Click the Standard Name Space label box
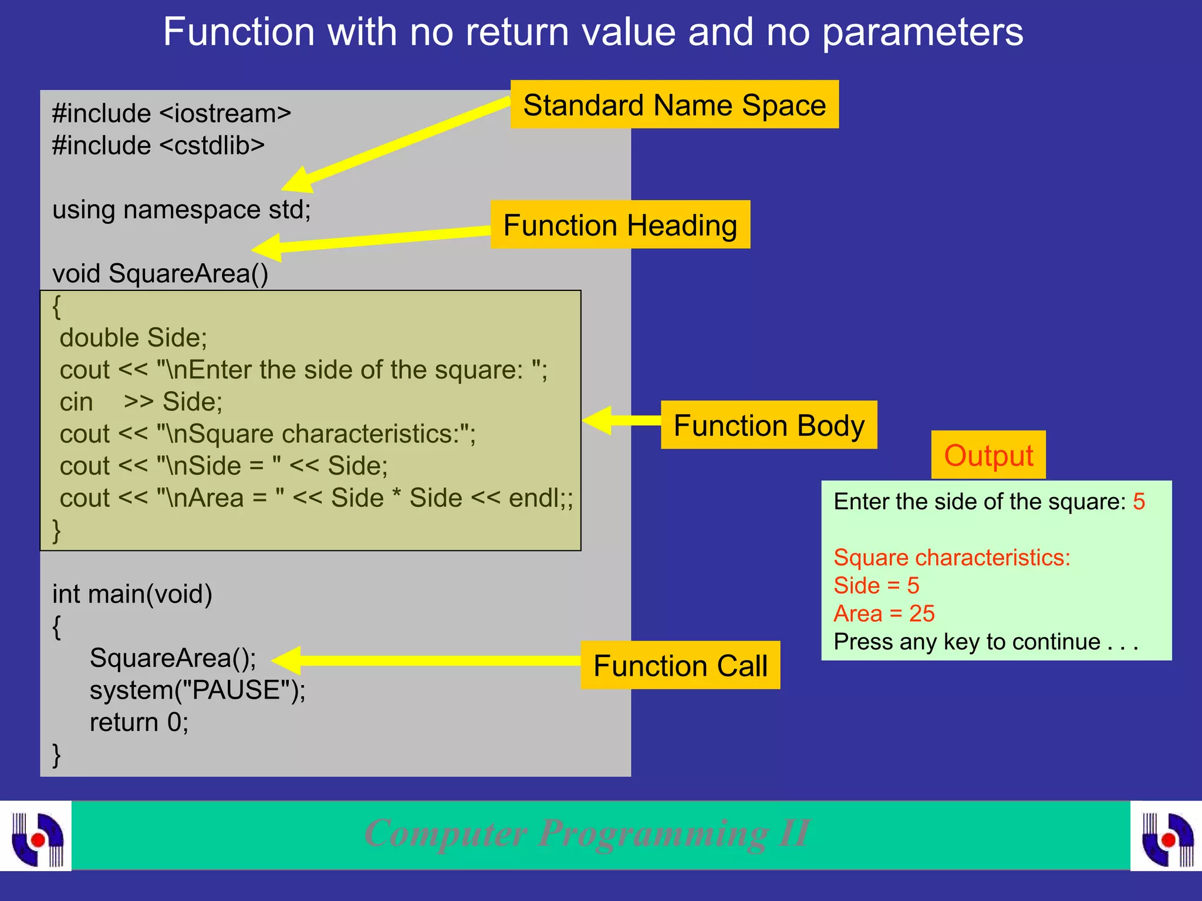pos(674,104)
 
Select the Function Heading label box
pos(620,225)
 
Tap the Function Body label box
pos(768,425)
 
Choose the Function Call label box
pos(680,665)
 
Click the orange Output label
pos(988,455)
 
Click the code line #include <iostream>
pos(171,113)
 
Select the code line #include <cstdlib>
pos(158,145)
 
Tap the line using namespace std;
pos(181,209)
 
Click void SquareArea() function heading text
pos(160,273)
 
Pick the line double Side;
pos(133,337)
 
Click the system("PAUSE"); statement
pos(197,690)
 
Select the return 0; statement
pos(139,722)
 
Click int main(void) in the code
pos(132,594)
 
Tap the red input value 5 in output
pos(1139,502)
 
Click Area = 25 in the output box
pos(884,614)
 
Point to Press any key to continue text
pos(985,642)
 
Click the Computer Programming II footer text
pos(587,833)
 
